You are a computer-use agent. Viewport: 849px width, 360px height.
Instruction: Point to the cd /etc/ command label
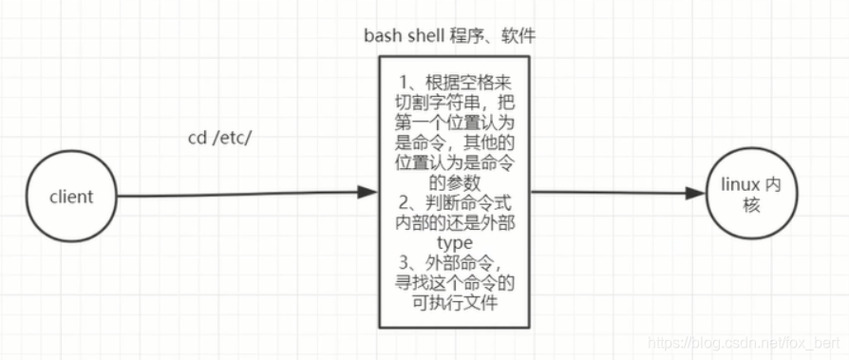pos(218,139)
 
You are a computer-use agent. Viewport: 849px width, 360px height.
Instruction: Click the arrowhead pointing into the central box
pos(368,193)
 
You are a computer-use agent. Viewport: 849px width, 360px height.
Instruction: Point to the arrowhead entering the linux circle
pos(695,193)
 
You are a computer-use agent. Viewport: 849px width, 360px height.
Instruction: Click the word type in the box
pos(455,241)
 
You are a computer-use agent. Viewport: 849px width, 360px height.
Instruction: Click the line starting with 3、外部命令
pos(455,262)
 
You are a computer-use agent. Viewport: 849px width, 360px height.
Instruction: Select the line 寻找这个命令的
pos(455,283)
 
